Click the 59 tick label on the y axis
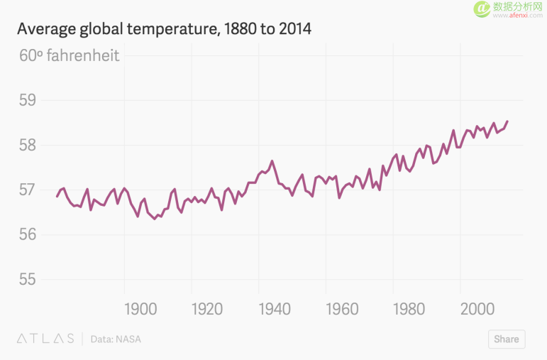[28, 100]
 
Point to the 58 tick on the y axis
[28, 145]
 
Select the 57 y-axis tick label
[28, 190]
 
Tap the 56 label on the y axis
[28, 235]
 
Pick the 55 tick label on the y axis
[28, 280]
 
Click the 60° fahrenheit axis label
[69, 55]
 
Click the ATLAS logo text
[45, 339]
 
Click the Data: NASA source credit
[116, 339]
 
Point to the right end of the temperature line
[507, 121]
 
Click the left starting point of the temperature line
[57, 196]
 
